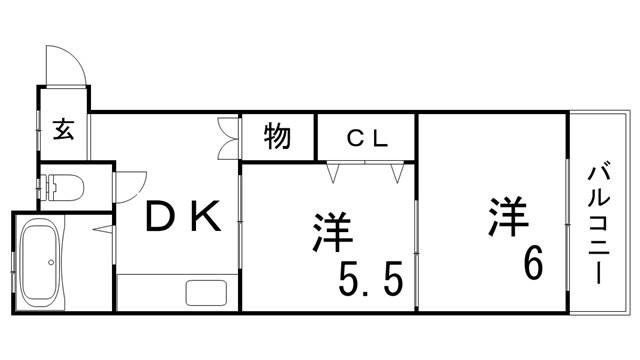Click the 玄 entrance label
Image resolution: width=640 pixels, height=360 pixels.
[63, 130]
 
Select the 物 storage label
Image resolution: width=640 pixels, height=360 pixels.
[278, 135]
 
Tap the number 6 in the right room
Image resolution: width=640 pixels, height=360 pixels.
[531, 263]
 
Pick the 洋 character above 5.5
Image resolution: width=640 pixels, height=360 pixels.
[331, 231]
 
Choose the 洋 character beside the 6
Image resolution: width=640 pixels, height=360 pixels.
[508, 219]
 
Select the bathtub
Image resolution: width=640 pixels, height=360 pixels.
[41, 262]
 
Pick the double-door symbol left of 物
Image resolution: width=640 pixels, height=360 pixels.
[226, 138]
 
